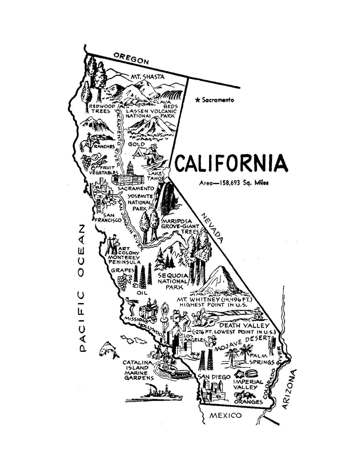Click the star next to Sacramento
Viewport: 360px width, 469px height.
point(197,100)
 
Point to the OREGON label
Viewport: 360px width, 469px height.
point(131,58)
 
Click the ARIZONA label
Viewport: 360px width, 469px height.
point(289,389)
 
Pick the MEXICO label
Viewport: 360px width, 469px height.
point(225,416)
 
